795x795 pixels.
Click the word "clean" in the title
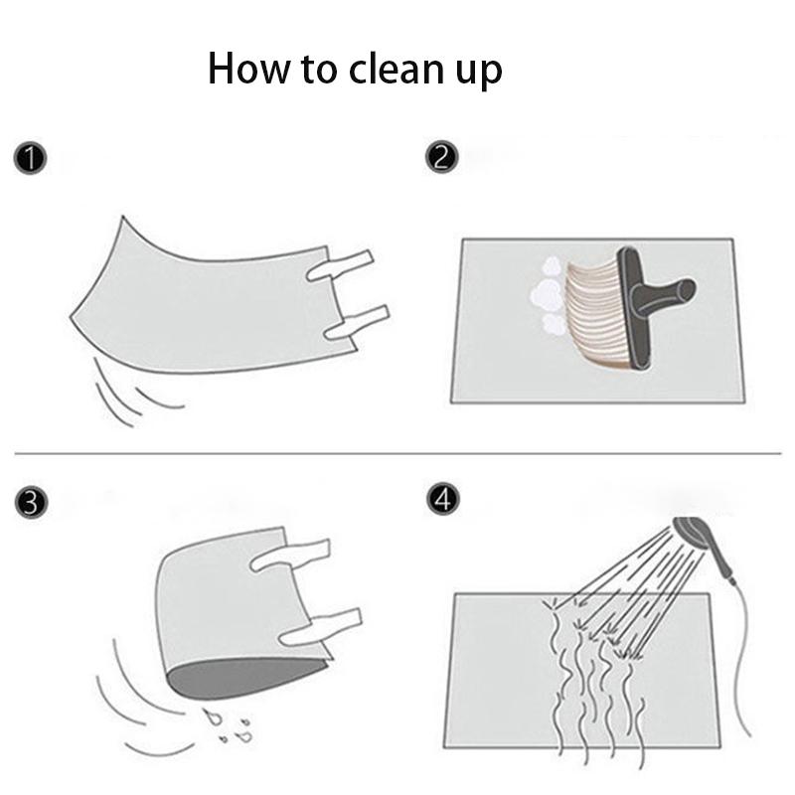(x=391, y=70)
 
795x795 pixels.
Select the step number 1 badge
(x=31, y=158)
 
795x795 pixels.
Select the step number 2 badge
(x=442, y=158)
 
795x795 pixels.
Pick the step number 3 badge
(x=31, y=503)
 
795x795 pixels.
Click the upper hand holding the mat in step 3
(x=293, y=555)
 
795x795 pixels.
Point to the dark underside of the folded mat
(x=238, y=680)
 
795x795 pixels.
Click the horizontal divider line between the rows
(x=397, y=454)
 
